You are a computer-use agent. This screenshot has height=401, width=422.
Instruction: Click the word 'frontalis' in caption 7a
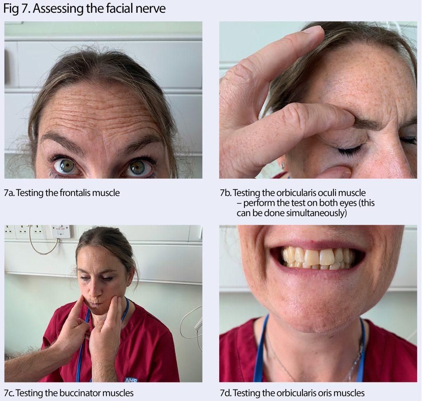tap(72, 192)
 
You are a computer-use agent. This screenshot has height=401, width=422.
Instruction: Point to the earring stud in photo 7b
tap(282, 165)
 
